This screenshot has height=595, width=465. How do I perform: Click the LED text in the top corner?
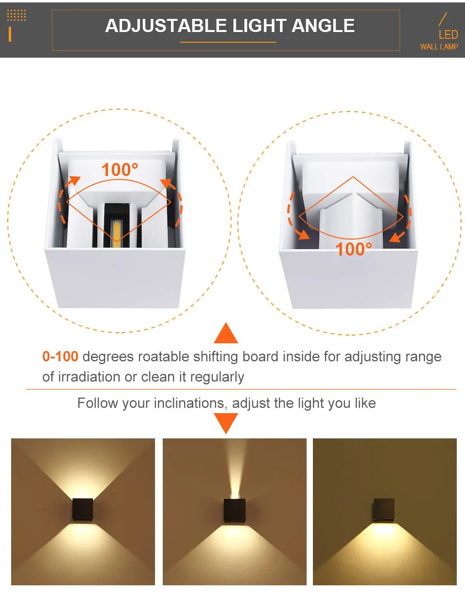click(x=448, y=35)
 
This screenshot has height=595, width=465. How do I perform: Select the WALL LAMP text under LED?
click(x=439, y=47)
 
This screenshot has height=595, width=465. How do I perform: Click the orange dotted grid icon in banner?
click(x=16, y=16)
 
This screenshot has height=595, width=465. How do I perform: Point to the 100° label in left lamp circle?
click(x=120, y=170)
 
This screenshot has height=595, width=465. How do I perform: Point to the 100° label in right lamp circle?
click(x=354, y=249)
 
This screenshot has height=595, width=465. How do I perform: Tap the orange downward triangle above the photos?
click(x=226, y=423)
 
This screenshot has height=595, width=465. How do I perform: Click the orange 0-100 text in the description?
click(x=60, y=357)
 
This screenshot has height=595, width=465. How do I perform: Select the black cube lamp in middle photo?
click(x=234, y=510)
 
